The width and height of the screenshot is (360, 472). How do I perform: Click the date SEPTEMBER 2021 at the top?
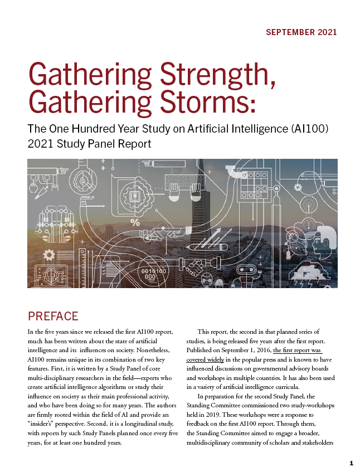tap(301, 32)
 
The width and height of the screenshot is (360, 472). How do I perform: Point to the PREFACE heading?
tap(53, 317)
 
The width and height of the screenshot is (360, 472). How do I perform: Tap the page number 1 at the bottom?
tap(351, 463)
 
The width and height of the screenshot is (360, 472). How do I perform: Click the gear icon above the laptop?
tap(49, 255)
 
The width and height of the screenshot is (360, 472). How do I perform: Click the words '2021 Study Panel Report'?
tap(89, 144)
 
